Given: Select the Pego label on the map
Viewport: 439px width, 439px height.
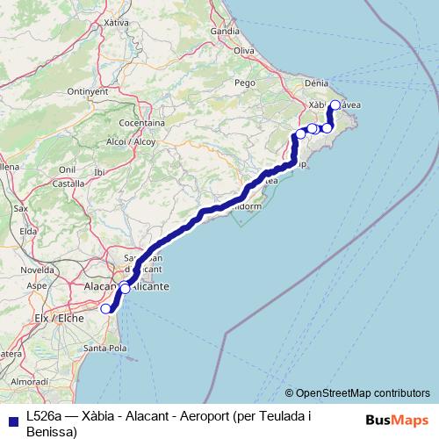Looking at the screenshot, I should coord(245,83).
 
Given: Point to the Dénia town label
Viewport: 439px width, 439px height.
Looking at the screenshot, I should coord(316,83).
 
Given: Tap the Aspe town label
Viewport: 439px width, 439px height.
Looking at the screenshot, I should coord(37,285).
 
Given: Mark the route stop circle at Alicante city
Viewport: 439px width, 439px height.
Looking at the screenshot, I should coord(125,288).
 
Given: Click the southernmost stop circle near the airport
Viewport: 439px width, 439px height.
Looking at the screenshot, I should coord(106,308).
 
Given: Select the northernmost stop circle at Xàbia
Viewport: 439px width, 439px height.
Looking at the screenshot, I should coord(335,105).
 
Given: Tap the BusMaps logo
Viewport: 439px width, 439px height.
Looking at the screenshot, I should coord(396,420).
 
